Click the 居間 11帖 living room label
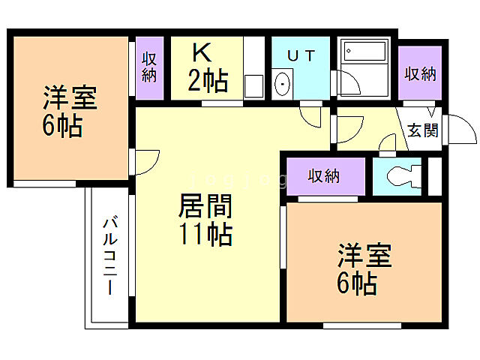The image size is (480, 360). click(x=205, y=220)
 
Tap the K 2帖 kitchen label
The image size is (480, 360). click(x=207, y=67)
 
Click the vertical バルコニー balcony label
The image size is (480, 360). click(x=109, y=255)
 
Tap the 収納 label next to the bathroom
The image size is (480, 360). click(x=420, y=73)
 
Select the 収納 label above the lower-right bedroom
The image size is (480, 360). click(x=324, y=176)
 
